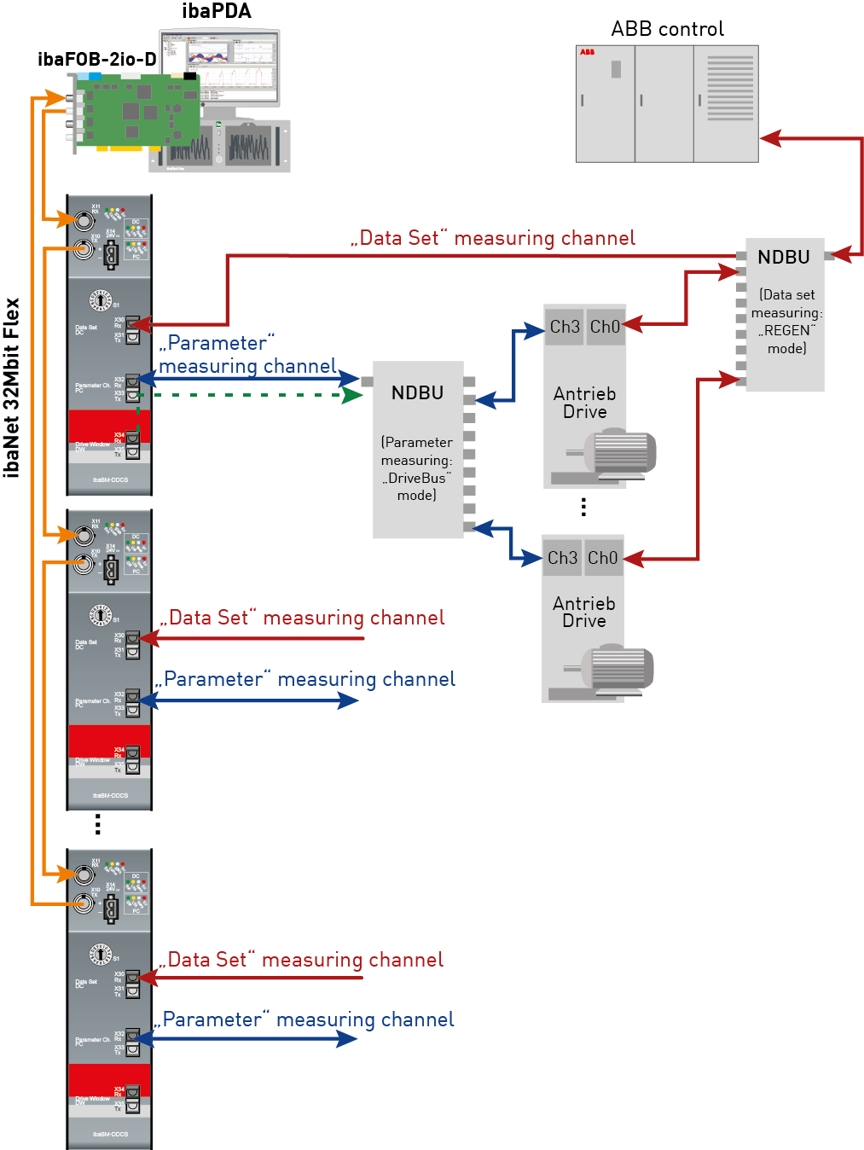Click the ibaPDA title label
[x=217, y=11]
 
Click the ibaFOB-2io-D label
[x=96, y=59]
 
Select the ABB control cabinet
[x=666, y=103]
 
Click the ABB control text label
[x=667, y=29]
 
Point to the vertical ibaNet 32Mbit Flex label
[x=12, y=387]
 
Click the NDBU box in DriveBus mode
[x=418, y=450]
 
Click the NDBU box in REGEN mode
[x=785, y=315]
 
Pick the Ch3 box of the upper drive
[x=564, y=327]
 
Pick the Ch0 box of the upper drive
[x=605, y=327]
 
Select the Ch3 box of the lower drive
[x=562, y=558]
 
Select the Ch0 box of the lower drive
[x=602, y=558]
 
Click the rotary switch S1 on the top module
[x=101, y=300]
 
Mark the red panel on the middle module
[x=109, y=741]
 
